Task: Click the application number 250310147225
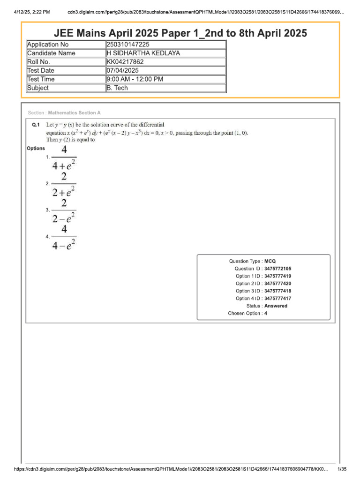tap(128, 45)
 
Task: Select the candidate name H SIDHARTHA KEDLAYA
tap(143, 53)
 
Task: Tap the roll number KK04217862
tap(125, 62)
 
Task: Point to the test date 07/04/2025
tap(123, 70)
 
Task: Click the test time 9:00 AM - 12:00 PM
tap(135, 79)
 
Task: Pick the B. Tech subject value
tap(117, 88)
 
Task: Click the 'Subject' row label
tap(38, 88)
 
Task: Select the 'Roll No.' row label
tap(38, 62)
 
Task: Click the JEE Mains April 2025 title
tap(180, 33)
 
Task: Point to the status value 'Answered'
tap(276, 306)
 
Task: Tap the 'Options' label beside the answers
tap(36, 149)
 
